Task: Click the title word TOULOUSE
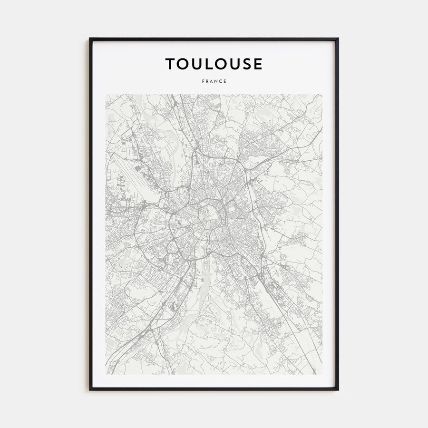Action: (214, 64)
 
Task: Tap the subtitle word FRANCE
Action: (214, 81)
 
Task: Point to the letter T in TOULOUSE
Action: (170, 64)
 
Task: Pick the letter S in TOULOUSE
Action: (245, 64)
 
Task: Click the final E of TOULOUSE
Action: (257, 64)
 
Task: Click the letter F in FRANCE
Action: (203, 81)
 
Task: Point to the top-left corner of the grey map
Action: (106, 95)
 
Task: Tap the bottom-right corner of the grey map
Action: (322, 374)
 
